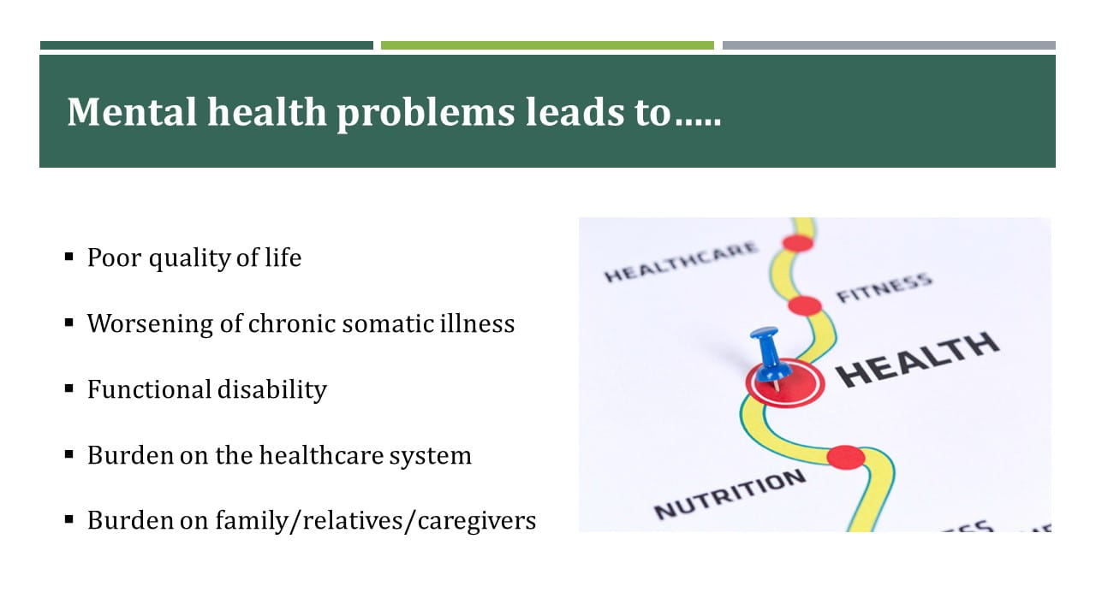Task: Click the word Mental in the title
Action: [132, 112]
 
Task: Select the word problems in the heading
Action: [426, 114]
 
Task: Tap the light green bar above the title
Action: [547, 45]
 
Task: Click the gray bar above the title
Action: [889, 45]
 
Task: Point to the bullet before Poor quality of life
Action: [69, 256]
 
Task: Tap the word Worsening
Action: [150, 324]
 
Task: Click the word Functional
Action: [149, 389]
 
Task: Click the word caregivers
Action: [477, 521]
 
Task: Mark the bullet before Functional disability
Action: [69, 388]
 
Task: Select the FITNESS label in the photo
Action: [885, 288]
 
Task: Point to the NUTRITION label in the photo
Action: [730, 495]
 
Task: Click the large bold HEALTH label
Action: [918, 359]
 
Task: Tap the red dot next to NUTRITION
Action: [845, 458]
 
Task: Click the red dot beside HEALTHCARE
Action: [797, 243]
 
